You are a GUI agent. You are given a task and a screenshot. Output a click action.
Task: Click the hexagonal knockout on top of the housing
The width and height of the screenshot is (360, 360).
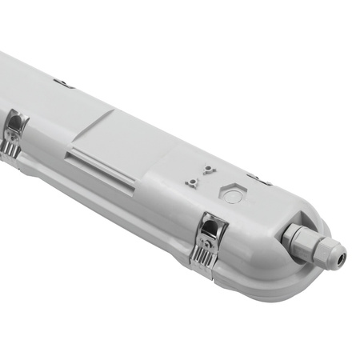tap(232, 195)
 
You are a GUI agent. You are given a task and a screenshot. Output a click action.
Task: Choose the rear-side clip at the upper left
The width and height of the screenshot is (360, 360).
tap(63, 82)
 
